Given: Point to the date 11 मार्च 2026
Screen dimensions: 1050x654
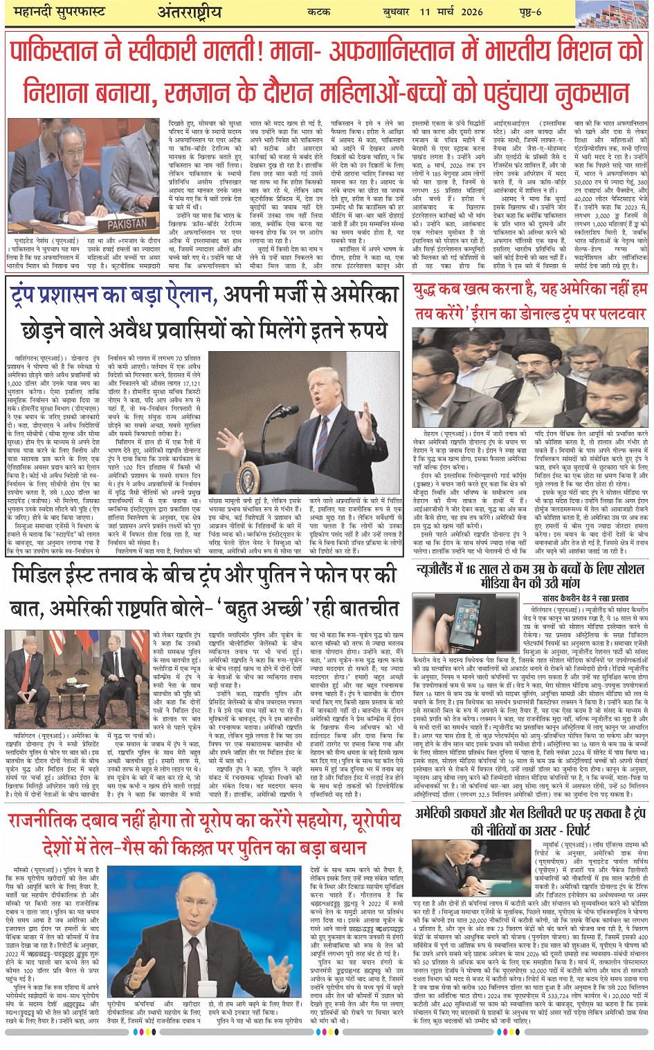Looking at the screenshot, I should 451,12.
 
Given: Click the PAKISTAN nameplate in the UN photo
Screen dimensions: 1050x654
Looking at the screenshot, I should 129,224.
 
